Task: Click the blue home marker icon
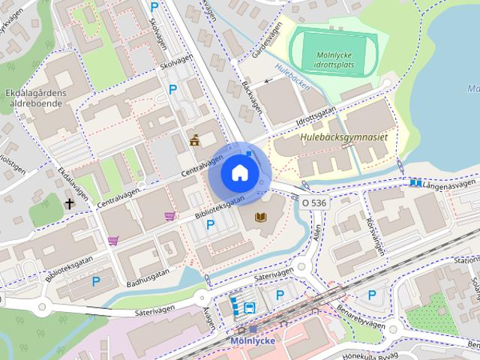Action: pos(238,172)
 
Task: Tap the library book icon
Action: pos(261,217)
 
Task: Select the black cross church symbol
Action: pos(70,203)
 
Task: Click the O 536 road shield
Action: pos(315,202)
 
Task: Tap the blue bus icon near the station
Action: pos(249,307)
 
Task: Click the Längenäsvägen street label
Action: pos(448,183)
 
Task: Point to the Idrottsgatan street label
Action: pos(314,119)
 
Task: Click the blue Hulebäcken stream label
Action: pos(292,77)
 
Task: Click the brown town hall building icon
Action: pos(195,139)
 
